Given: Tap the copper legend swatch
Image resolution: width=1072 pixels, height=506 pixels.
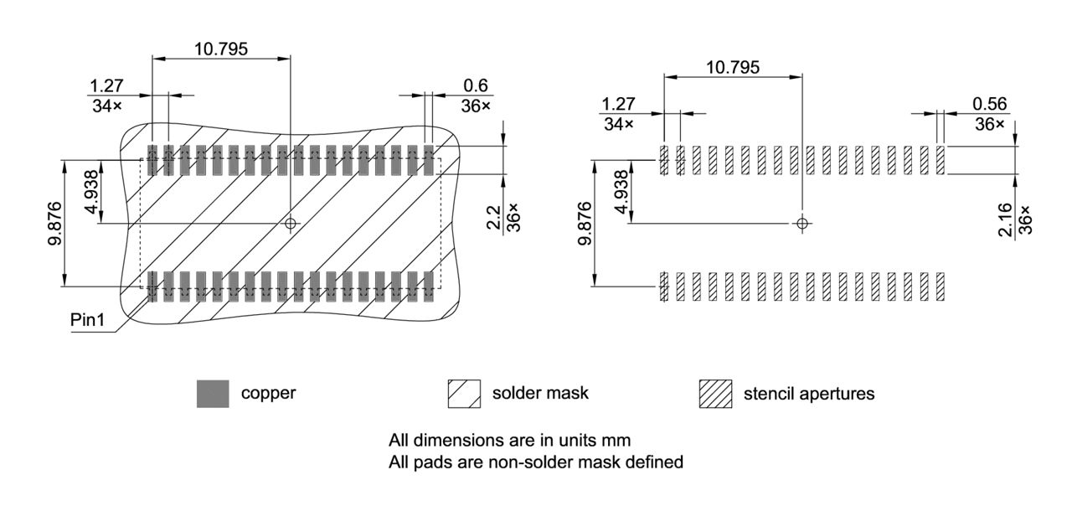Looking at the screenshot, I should pos(213,394).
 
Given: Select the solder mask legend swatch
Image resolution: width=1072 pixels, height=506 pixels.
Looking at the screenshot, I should pos(464,394).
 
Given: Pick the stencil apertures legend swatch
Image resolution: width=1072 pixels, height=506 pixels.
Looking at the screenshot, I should pos(715,394).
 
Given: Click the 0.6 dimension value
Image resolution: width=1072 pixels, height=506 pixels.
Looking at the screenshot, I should pos(476,85).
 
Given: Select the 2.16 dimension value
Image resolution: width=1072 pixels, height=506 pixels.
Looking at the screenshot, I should pos(1006,219).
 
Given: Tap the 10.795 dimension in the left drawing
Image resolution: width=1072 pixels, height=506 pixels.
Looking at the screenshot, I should pos(221,49).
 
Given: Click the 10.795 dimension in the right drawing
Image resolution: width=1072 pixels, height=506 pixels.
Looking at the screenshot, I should pos(733,67).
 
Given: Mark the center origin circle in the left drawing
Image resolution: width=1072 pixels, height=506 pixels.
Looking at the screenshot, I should pos(291,223).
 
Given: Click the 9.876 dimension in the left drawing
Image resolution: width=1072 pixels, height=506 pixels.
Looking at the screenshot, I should pos(53,224).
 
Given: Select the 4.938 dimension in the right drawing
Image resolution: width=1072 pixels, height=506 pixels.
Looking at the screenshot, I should pos(621,192).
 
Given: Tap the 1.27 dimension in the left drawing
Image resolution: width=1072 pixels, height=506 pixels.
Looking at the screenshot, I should pos(106,85).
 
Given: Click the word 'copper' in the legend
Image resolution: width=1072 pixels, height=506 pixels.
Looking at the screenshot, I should pos(268,394).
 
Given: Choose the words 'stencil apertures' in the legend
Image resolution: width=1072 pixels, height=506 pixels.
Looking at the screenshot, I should pos(809,394).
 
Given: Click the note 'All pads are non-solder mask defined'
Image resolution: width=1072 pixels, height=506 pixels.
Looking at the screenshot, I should pos(536,462).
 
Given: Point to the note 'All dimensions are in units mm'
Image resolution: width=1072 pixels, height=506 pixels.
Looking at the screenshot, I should pos(509,440).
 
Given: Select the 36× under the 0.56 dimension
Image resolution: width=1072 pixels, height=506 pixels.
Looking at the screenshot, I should pos(989,123).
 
